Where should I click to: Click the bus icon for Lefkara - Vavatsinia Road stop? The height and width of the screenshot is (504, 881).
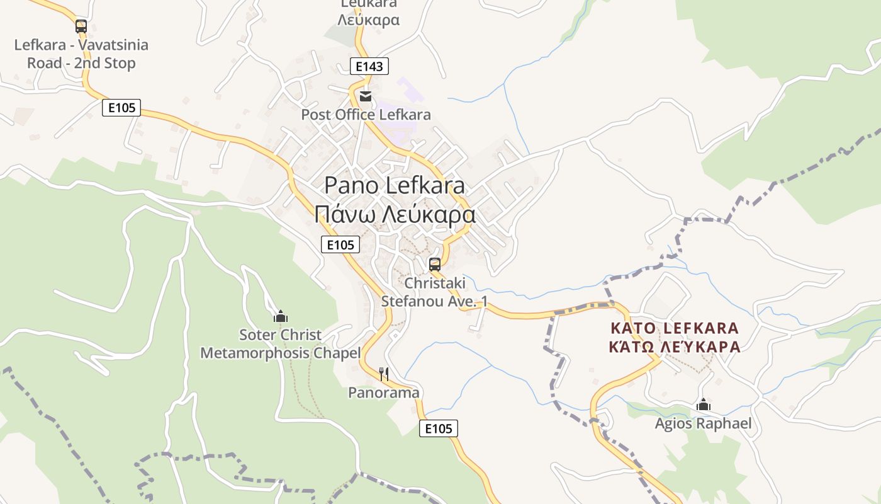(x=81, y=26)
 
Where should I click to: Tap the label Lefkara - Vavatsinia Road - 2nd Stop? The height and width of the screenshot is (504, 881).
(x=81, y=54)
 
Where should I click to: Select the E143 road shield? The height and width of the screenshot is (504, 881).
(x=369, y=66)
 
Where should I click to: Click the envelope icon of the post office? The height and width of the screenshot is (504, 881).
(x=366, y=97)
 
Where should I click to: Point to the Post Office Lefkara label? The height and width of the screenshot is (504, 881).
(x=366, y=115)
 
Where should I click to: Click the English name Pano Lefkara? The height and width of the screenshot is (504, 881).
(x=395, y=185)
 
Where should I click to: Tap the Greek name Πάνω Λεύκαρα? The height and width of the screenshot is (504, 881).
(x=395, y=214)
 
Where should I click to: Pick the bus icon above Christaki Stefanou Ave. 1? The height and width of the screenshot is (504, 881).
(x=435, y=265)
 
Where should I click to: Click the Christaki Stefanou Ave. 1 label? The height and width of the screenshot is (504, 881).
(x=434, y=292)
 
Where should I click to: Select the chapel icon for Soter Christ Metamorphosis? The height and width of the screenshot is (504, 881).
(x=281, y=316)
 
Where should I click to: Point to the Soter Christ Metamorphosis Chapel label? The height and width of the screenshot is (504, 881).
(x=281, y=344)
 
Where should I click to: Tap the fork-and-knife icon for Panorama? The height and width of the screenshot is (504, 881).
(x=384, y=374)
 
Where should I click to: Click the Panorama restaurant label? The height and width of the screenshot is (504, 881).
(x=384, y=392)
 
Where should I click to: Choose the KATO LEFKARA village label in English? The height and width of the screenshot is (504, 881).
(x=675, y=328)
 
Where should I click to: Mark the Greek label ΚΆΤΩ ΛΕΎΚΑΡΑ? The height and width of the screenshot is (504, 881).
(x=675, y=346)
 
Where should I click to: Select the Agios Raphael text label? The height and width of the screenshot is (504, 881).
(x=704, y=423)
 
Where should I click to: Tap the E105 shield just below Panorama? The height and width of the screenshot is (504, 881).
(x=439, y=429)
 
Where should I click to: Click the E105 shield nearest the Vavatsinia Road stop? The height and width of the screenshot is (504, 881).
(x=121, y=108)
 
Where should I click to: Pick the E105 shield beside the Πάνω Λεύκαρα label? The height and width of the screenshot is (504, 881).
(x=340, y=244)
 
